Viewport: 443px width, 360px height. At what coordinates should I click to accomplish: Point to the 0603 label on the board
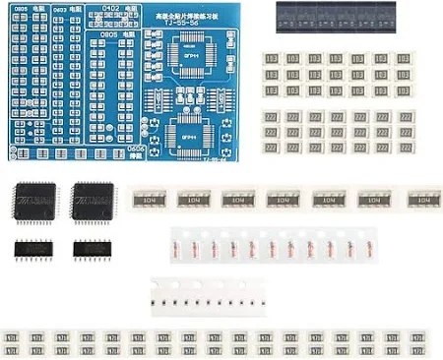point(61,10)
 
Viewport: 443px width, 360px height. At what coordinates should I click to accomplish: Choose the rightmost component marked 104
point(423,199)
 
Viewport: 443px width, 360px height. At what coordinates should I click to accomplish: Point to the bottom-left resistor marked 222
point(271,146)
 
